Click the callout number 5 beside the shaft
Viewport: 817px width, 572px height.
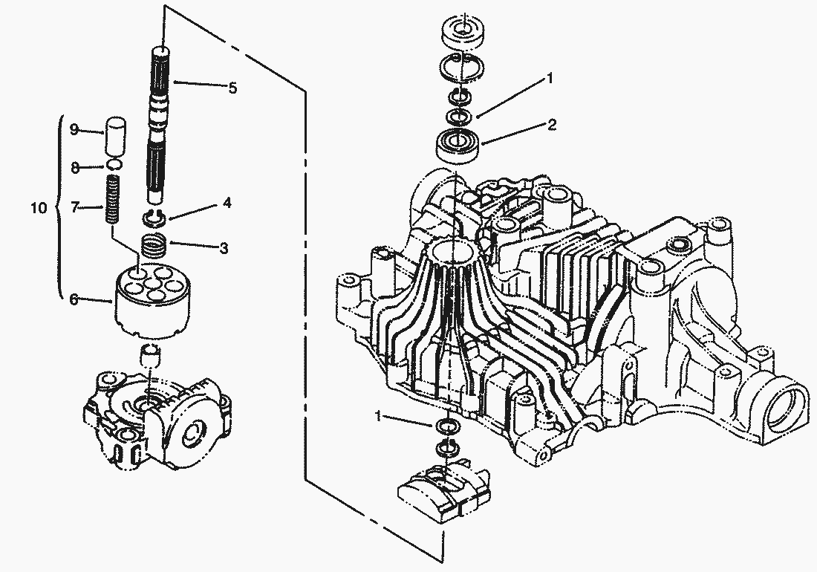click(233, 88)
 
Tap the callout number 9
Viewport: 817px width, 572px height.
click(74, 129)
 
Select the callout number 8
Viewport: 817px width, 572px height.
click(75, 168)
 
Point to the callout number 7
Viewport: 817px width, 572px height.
click(75, 208)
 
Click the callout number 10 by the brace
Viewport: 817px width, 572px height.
click(39, 208)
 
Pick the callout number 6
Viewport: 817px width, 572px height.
click(74, 299)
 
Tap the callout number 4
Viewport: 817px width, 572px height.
click(227, 203)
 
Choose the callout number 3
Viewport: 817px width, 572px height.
click(224, 248)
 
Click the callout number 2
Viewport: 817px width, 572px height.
click(552, 125)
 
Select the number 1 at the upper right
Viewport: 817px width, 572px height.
click(549, 78)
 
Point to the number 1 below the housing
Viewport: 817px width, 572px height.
click(379, 416)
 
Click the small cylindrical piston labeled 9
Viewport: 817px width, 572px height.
click(117, 137)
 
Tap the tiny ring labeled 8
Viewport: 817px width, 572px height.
click(116, 165)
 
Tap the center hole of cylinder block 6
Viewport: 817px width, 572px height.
click(153, 283)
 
